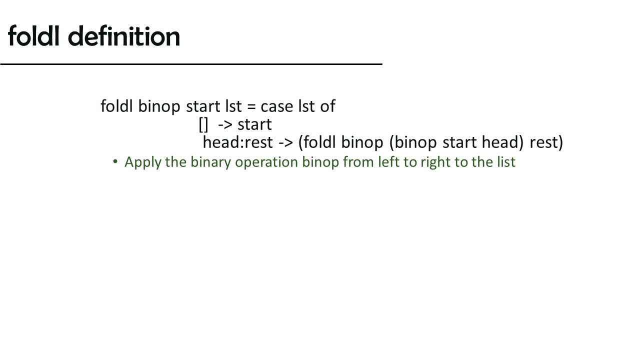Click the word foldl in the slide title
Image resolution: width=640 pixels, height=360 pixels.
point(33,35)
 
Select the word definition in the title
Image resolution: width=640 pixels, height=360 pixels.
point(124,35)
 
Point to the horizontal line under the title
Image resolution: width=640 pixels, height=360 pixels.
point(191,64)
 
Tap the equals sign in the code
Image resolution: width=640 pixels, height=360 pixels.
point(251,107)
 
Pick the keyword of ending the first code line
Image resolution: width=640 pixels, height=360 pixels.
point(327,106)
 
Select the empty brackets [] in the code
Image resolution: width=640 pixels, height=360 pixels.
point(203,124)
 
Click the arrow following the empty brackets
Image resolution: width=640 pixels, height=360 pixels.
point(225,125)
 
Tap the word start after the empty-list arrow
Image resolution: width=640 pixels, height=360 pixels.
point(254,125)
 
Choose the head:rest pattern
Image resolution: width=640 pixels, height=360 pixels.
point(237,142)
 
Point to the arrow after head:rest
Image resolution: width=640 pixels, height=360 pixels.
point(285,142)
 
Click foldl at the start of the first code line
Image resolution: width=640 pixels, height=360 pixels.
point(116,106)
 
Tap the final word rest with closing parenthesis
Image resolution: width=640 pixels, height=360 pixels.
point(546,142)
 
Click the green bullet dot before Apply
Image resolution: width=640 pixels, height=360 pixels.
point(115,161)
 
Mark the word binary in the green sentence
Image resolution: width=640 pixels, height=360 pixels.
point(211,162)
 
